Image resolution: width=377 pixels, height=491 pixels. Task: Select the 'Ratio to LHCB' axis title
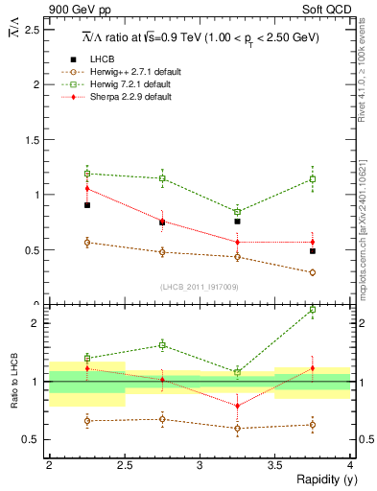(x=13, y=381)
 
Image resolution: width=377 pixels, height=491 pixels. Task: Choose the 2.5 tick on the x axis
(x=124, y=464)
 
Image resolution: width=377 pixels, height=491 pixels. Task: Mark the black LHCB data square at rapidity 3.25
(x=237, y=222)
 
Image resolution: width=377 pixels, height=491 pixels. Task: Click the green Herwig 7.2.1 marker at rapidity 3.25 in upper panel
(x=237, y=212)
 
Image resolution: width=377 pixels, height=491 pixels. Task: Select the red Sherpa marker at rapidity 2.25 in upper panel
(x=86, y=189)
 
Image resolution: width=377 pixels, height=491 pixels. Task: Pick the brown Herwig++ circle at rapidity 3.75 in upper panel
(x=313, y=272)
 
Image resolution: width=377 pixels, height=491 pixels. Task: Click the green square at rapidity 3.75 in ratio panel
(x=313, y=310)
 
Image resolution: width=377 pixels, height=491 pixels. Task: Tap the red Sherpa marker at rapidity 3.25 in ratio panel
(x=237, y=406)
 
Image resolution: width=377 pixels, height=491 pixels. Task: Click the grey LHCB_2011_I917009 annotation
(x=200, y=287)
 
